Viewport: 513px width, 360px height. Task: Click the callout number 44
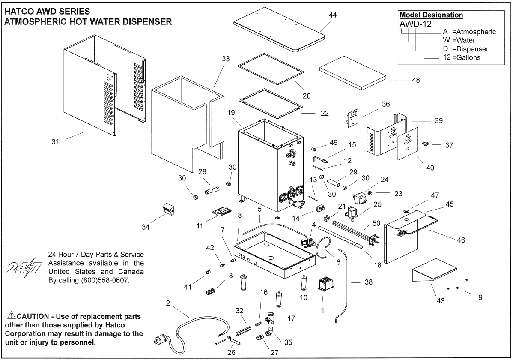pos(332,15)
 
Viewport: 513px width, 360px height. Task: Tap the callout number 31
pos(56,142)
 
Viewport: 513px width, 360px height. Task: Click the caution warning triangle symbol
pos(11,316)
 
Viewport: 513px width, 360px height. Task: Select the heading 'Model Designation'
pos(431,15)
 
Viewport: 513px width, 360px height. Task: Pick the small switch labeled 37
pos(426,144)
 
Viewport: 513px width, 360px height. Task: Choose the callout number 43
pos(440,301)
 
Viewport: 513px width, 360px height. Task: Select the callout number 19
pos(231,113)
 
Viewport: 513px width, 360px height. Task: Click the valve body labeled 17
pos(270,318)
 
